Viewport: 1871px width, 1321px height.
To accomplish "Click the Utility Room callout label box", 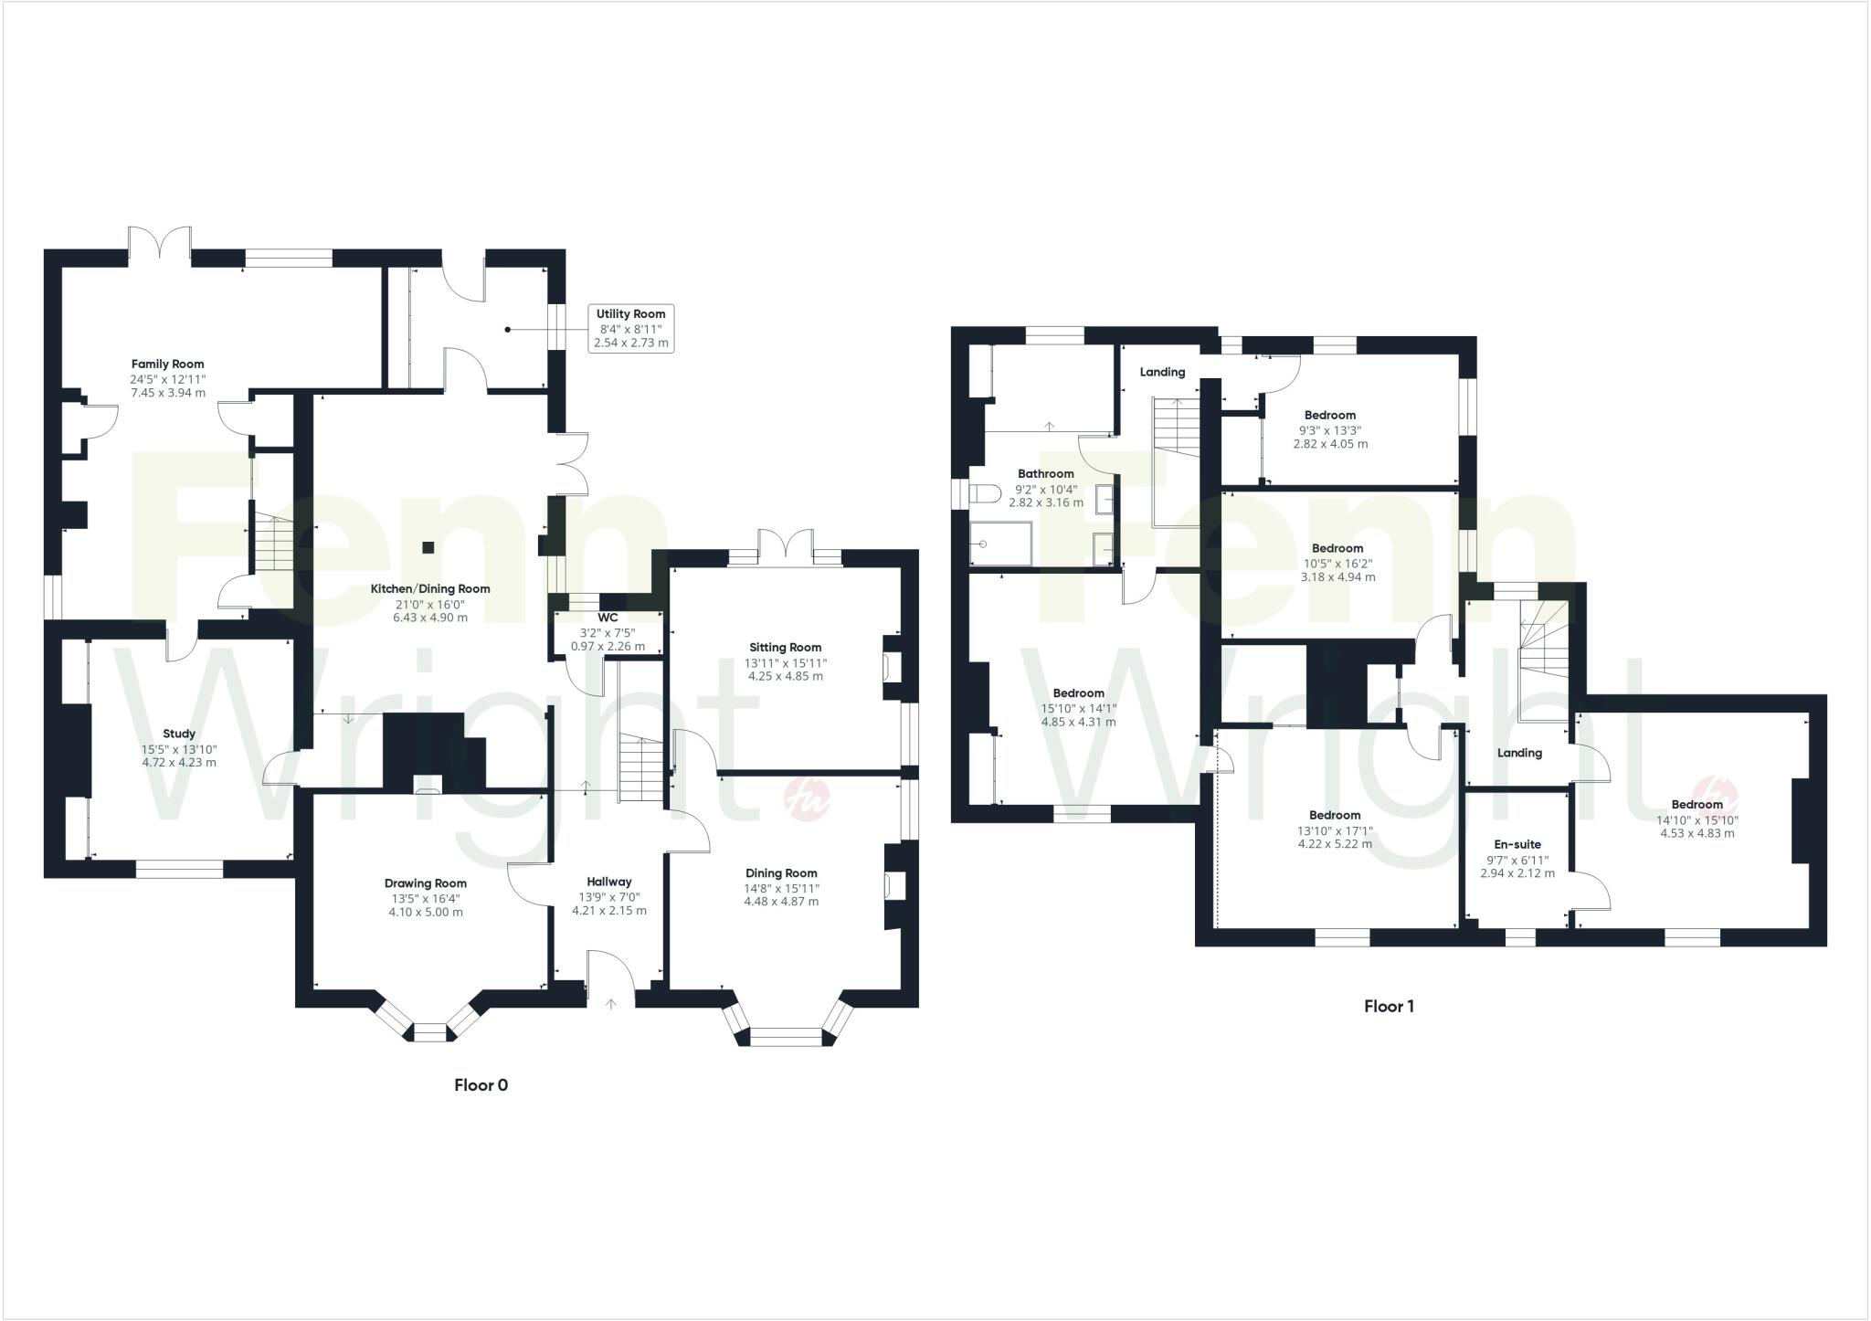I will tap(630, 329).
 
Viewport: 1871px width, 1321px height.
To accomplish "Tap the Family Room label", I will tap(167, 365).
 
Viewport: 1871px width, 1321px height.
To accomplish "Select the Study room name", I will tap(179, 734).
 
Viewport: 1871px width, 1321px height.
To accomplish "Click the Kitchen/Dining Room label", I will tap(430, 589).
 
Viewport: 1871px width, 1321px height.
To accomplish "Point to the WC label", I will tap(608, 618).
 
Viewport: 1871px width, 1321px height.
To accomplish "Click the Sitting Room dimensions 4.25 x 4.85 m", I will tap(785, 677).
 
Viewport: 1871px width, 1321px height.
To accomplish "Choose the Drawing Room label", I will tap(426, 883).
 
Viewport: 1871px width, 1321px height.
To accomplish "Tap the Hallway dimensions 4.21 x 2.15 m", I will tap(609, 911).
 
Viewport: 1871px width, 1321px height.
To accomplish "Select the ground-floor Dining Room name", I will tap(781, 873).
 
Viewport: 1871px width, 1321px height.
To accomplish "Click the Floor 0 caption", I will tap(481, 1085).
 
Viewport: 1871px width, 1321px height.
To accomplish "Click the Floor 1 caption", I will tap(1389, 1007).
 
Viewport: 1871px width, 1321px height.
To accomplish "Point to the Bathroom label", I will tap(1046, 474).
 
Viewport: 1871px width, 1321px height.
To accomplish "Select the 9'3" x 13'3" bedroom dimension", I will tap(1330, 430).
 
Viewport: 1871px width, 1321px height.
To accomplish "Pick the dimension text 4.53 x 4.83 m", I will tap(1697, 833).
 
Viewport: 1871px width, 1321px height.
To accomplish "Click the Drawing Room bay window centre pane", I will tap(429, 1032).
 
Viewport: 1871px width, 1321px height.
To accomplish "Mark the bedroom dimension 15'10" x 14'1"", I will tap(1078, 708).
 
